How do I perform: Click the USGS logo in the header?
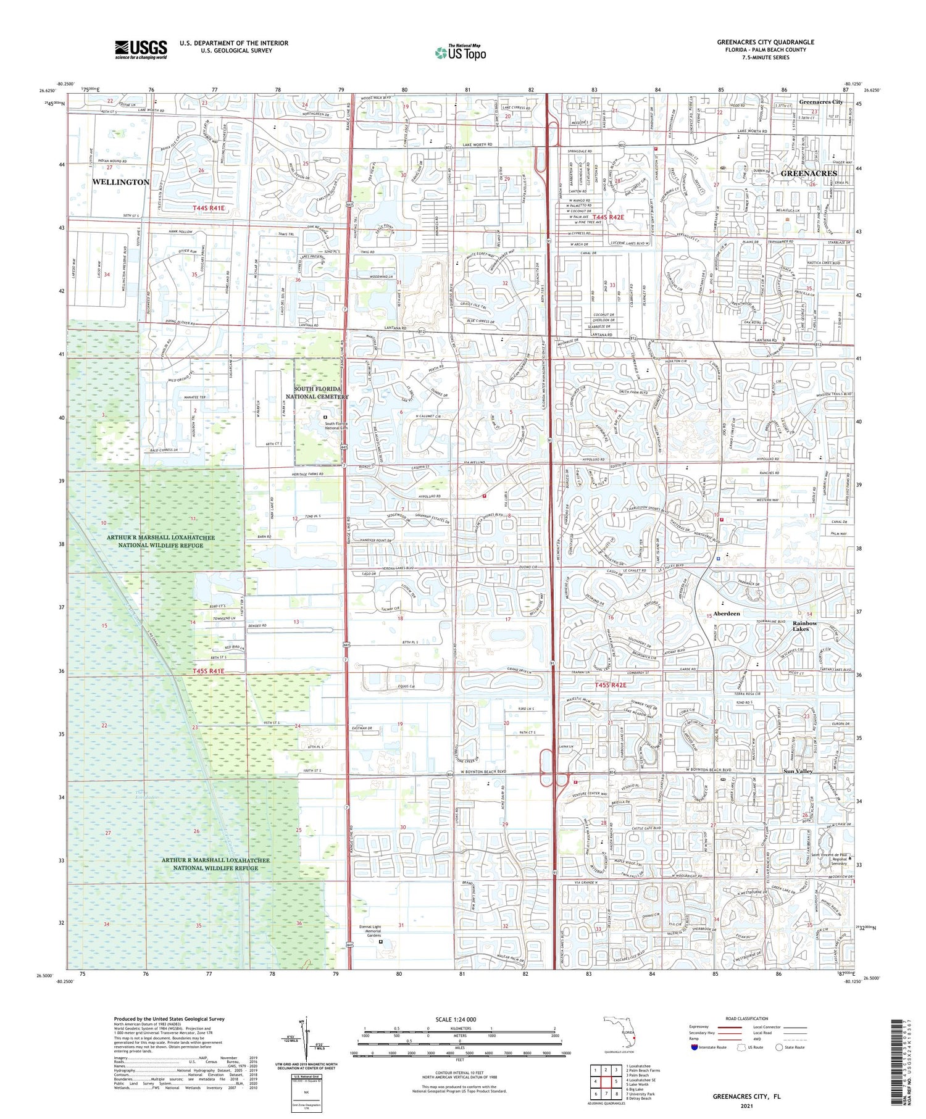click(141, 49)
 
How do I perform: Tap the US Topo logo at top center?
click(460, 52)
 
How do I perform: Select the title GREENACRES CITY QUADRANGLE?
click(765, 42)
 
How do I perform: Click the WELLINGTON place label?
click(121, 182)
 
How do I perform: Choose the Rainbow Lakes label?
click(805, 626)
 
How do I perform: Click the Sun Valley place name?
click(798, 772)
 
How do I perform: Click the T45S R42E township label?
click(611, 685)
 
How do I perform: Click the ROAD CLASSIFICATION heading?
click(746, 1018)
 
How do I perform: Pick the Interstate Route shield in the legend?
click(695, 1047)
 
